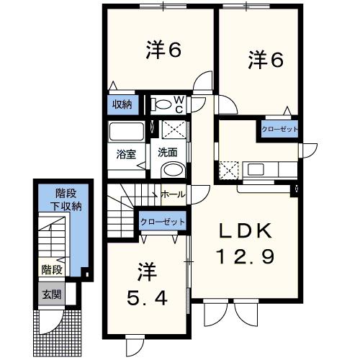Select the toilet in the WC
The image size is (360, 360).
coord(165,104)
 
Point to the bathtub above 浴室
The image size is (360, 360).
coord(127,133)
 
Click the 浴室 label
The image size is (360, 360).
coord(126,153)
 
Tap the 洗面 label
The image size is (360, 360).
coord(168,153)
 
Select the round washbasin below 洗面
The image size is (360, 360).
coord(171,170)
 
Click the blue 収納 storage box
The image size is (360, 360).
coord(122,105)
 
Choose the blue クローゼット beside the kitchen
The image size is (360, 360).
coord(279,130)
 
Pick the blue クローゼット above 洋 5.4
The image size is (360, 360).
coord(163,222)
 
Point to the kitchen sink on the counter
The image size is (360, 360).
coord(257,171)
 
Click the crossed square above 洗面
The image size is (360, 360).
coord(173,130)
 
